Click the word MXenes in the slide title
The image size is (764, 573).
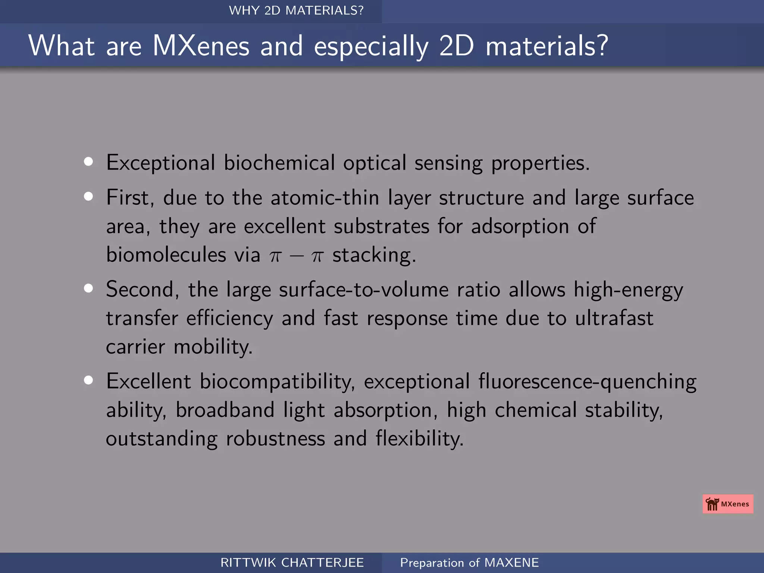[x=201, y=46]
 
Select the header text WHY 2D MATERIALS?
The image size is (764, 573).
[x=296, y=10]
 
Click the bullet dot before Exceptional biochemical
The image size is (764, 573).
[x=88, y=162]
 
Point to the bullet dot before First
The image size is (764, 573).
[x=88, y=196]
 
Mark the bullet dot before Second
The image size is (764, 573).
[x=88, y=288]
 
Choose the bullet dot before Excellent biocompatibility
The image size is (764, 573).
[x=88, y=380]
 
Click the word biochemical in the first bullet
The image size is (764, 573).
[x=279, y=163]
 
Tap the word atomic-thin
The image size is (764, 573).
[x=325, y=197]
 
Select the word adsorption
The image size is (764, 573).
[x=520, y=226]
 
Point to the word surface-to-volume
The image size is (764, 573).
[x=364, y=290]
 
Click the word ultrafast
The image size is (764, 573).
[x=614, y=318]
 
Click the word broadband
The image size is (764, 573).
[x=225, y=410]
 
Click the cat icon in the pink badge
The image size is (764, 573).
[x=712, y=504]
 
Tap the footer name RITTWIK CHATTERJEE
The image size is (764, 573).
[x=292, y=563]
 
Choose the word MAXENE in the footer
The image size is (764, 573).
[x=511, y=563]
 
